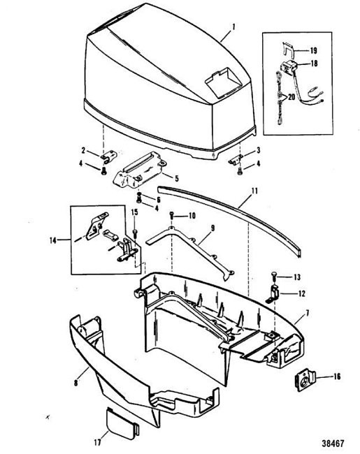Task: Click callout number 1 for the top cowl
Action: click(x=233, y=27)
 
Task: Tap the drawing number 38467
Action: click(x=333, y=444)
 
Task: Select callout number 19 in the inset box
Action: click(x=313, y=51)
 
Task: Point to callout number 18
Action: click(x=314, y=63)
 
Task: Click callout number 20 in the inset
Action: click(x=291, y=96)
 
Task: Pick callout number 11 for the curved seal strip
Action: click(x=254, y=191)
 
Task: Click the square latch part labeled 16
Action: click(x=304, y=381)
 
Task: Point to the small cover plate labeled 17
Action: click(x=122, y=422)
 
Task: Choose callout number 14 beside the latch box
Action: click(x=52, y=240)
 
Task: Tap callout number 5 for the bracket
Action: click(x=177, y=178)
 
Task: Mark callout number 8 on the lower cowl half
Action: click(x=75, y=383)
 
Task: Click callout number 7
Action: click(x=308, y=313)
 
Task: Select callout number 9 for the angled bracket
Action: click(x=213, y=228)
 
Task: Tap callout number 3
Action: click(x=258, y=150)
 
